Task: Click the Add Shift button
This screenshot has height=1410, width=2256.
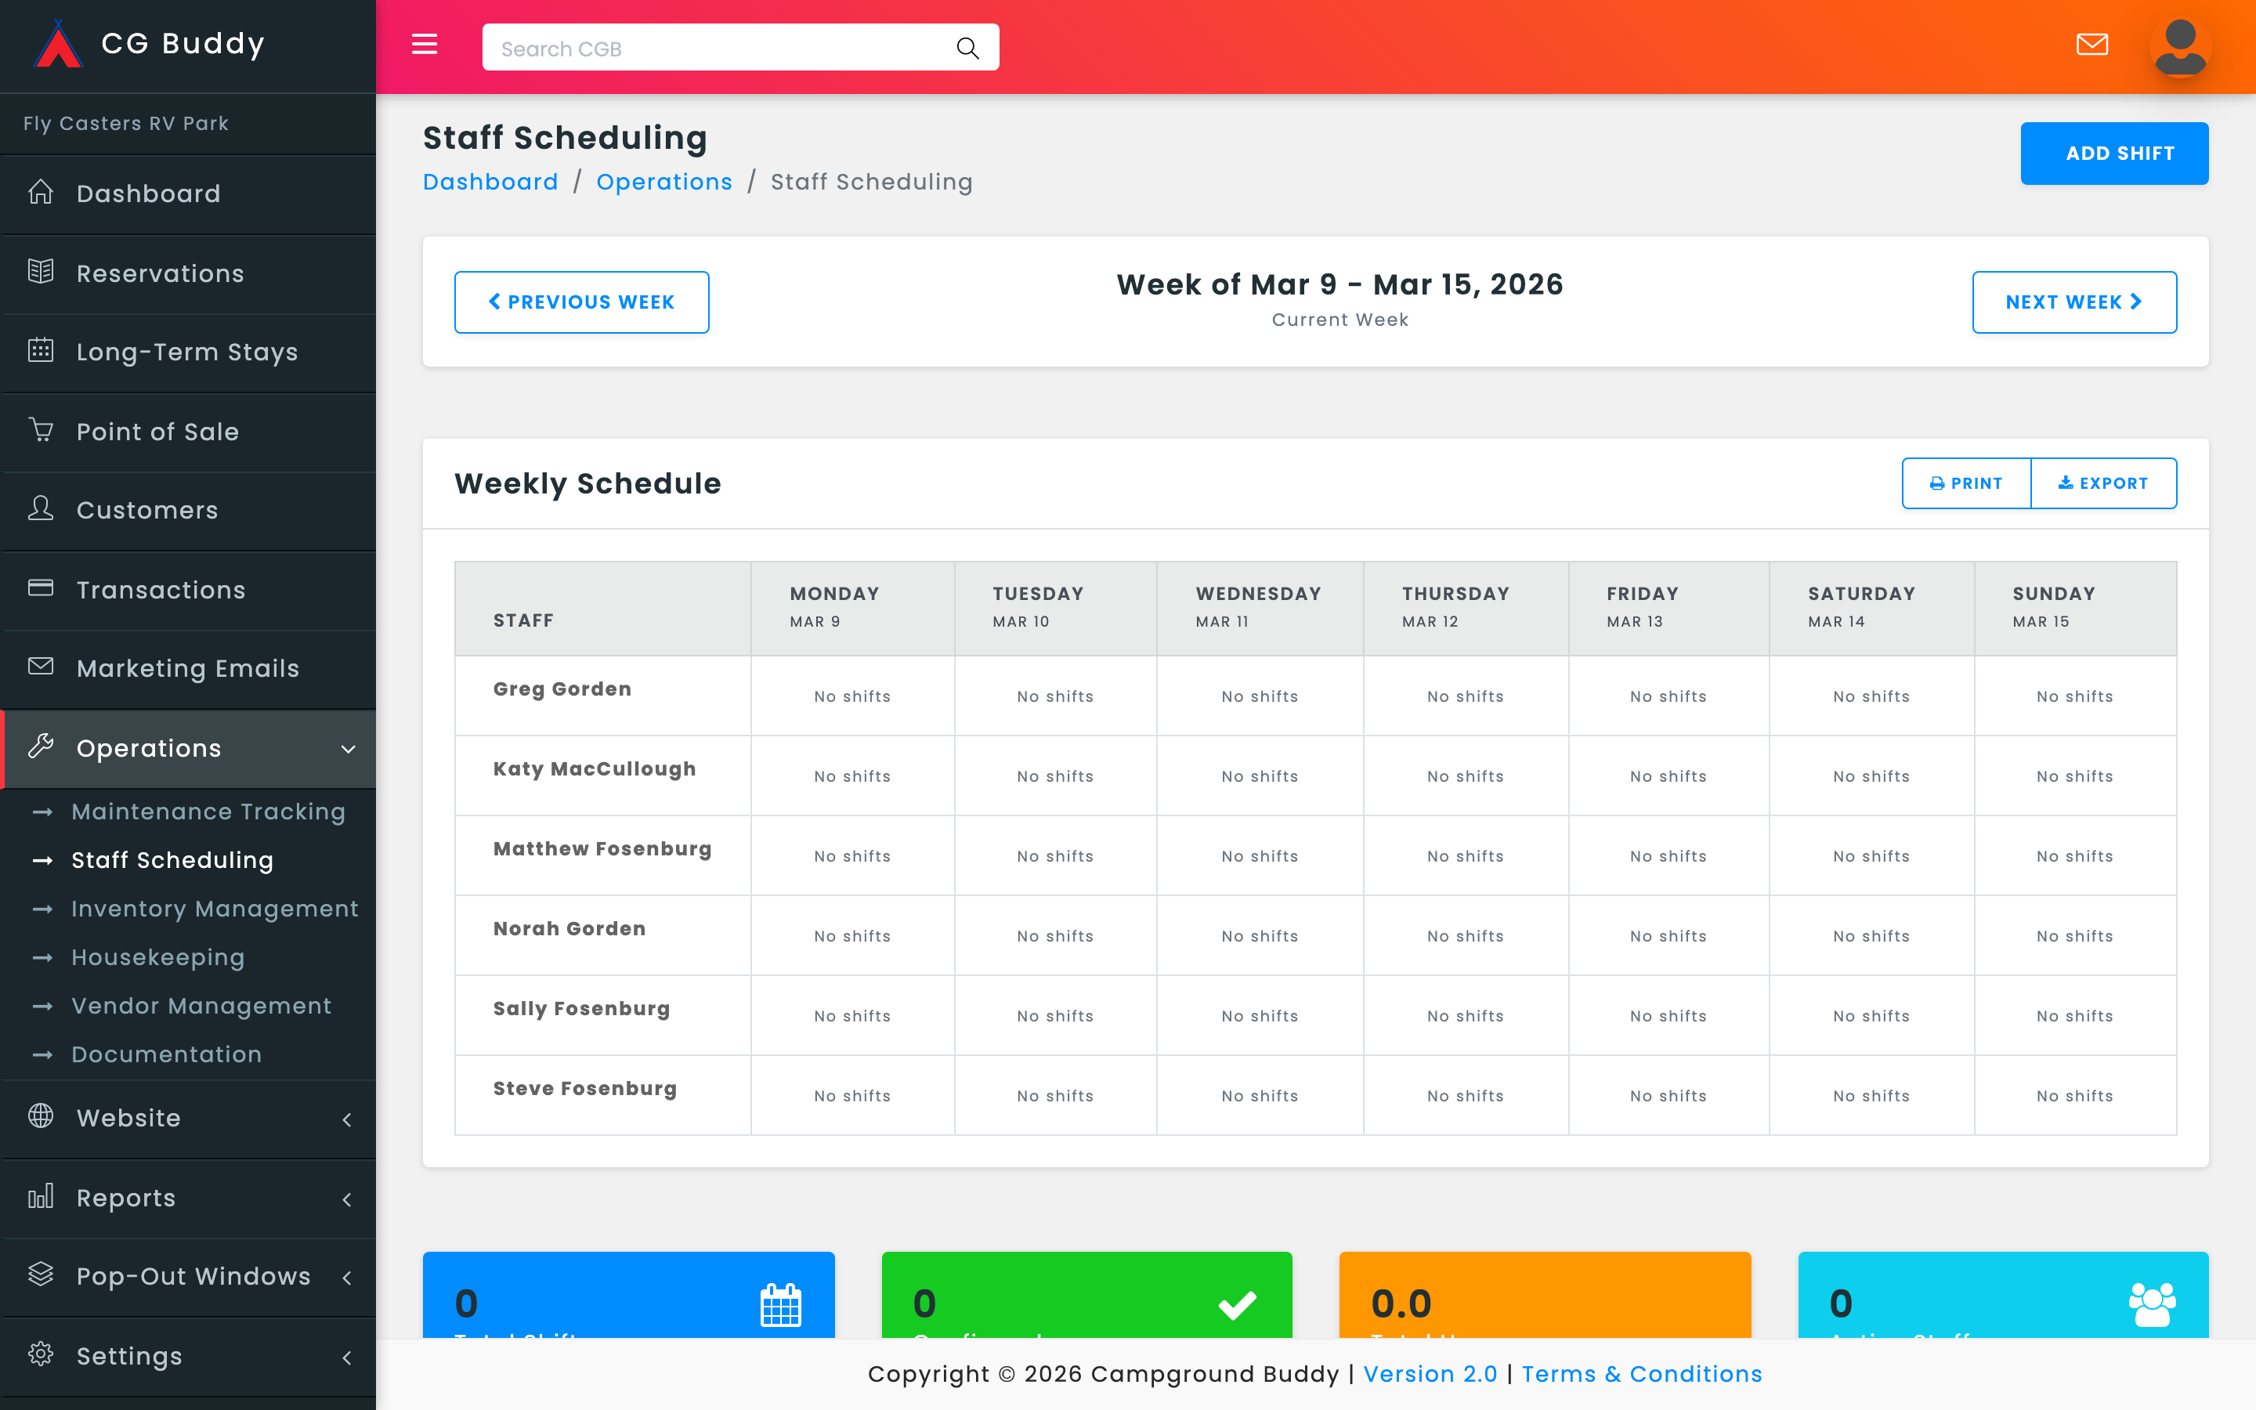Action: [2113, 153]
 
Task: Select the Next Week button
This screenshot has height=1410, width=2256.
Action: [2073, 302]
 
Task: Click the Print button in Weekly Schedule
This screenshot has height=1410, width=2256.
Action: [1965, 483]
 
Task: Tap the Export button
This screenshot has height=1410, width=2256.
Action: [2103, 483]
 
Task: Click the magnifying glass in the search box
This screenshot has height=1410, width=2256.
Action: [967, 49]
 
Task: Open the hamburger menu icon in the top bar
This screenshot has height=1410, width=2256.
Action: [424, 44]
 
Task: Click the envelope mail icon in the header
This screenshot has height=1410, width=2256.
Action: [2092, 44]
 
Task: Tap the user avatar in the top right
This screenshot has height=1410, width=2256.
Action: [2179, 47]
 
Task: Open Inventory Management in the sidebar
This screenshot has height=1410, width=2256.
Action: [215, 909]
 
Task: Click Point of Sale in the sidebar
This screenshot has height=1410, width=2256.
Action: [157, 432]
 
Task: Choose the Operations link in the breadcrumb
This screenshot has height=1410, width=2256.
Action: [663, 182]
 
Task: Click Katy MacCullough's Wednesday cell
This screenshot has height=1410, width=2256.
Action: [1260, 775]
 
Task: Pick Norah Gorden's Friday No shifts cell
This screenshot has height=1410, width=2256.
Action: [1668, 935]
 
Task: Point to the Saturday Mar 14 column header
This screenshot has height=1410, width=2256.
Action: [1860, 607]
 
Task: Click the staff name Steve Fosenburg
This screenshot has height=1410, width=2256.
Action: [584, 1088]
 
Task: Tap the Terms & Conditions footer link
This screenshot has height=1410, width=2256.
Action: [1641, 1374]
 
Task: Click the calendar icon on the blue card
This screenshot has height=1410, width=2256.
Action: [780, 1303]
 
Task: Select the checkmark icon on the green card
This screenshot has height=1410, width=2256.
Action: [1237, 1303]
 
